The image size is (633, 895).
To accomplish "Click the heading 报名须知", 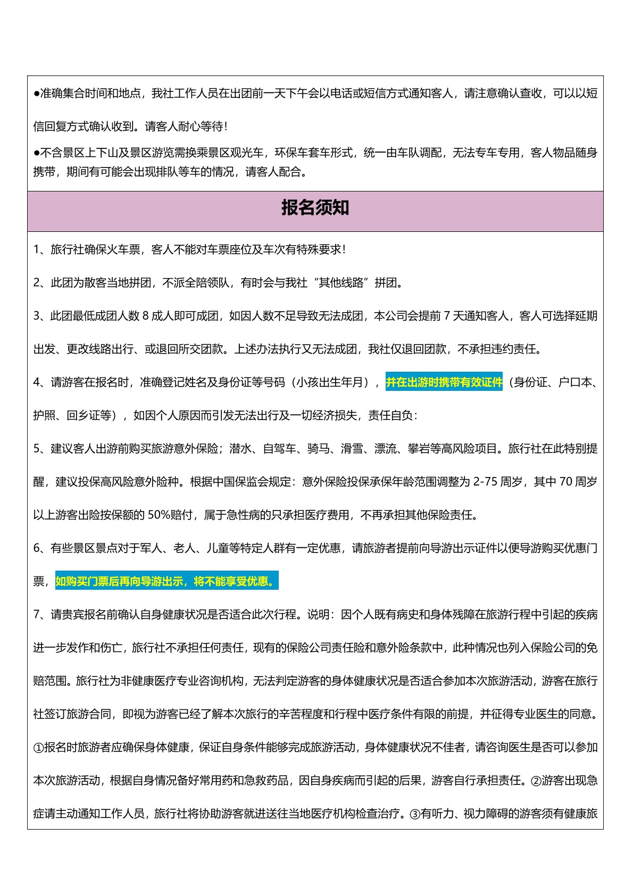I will [315, 208].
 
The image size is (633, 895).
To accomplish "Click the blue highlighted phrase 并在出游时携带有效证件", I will [444, 382].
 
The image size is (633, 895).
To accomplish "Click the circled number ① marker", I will [38, 748].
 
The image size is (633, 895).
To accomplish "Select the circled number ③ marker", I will [415, 814].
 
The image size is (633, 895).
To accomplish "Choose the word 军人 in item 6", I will [151, 548].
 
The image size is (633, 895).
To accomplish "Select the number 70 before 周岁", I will [565, 482].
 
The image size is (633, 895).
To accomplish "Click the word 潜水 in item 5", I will [240, 449].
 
